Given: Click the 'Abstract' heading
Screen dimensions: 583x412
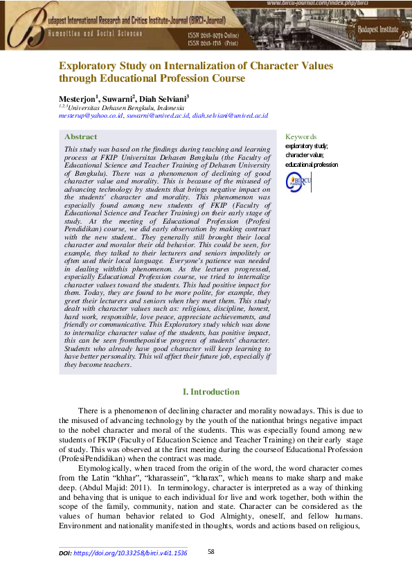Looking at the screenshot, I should pos(80,137).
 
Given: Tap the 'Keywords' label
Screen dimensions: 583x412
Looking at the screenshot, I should pos(301,137).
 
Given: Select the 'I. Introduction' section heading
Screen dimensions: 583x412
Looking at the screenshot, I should pos(206,392).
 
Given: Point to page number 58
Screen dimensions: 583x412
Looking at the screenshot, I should pos(212,552).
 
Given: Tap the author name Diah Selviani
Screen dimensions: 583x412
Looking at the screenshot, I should pos(164,98).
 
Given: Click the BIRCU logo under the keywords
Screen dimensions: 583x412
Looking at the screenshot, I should pos(298,181).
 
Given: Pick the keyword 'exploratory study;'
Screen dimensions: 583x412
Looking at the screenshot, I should pos(306,146).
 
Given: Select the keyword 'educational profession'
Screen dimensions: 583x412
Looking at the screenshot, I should pos(312,164).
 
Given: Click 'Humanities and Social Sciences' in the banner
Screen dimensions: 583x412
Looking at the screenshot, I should pos(95,33).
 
